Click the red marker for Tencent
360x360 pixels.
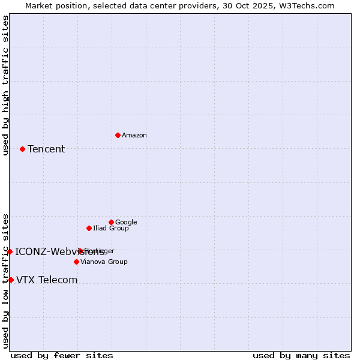pyautogui.click(x=22, y=149)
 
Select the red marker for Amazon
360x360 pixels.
pyautogui.click(x=118, y=135)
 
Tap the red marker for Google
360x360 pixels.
pyautogui.click(x=111, y=222)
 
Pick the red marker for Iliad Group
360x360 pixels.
pyautogui.click(x=89, y=228)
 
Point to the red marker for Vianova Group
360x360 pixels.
pyautogui.click(x=76, y=262)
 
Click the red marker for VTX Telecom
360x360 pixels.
pyautogui.click(x=11, y=280)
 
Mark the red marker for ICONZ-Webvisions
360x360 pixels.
pyautogui.click(x=10, y=251)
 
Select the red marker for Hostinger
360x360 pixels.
pyautogui.click(x=80, y=251)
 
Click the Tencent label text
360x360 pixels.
pyautogui.click(x=46, y=149)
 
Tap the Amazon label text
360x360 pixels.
pyautogui.click(x=134, y=136)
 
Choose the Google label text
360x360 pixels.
pyautogui.click(x=126, y=223)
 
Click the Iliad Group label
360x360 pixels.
pyautogui.click(x=111, y=229)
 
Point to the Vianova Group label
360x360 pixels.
pyautogui.click(x=104, y=262)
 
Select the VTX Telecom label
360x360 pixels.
pyautogui.click(x=47, y=280)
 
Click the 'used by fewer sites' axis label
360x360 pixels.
pyautogui.click(x=62, y=356)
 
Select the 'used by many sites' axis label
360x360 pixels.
pyautogui.click(x=301, y=356)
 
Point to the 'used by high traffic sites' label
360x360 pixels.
pyautogui.click(x=6, y=85)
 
